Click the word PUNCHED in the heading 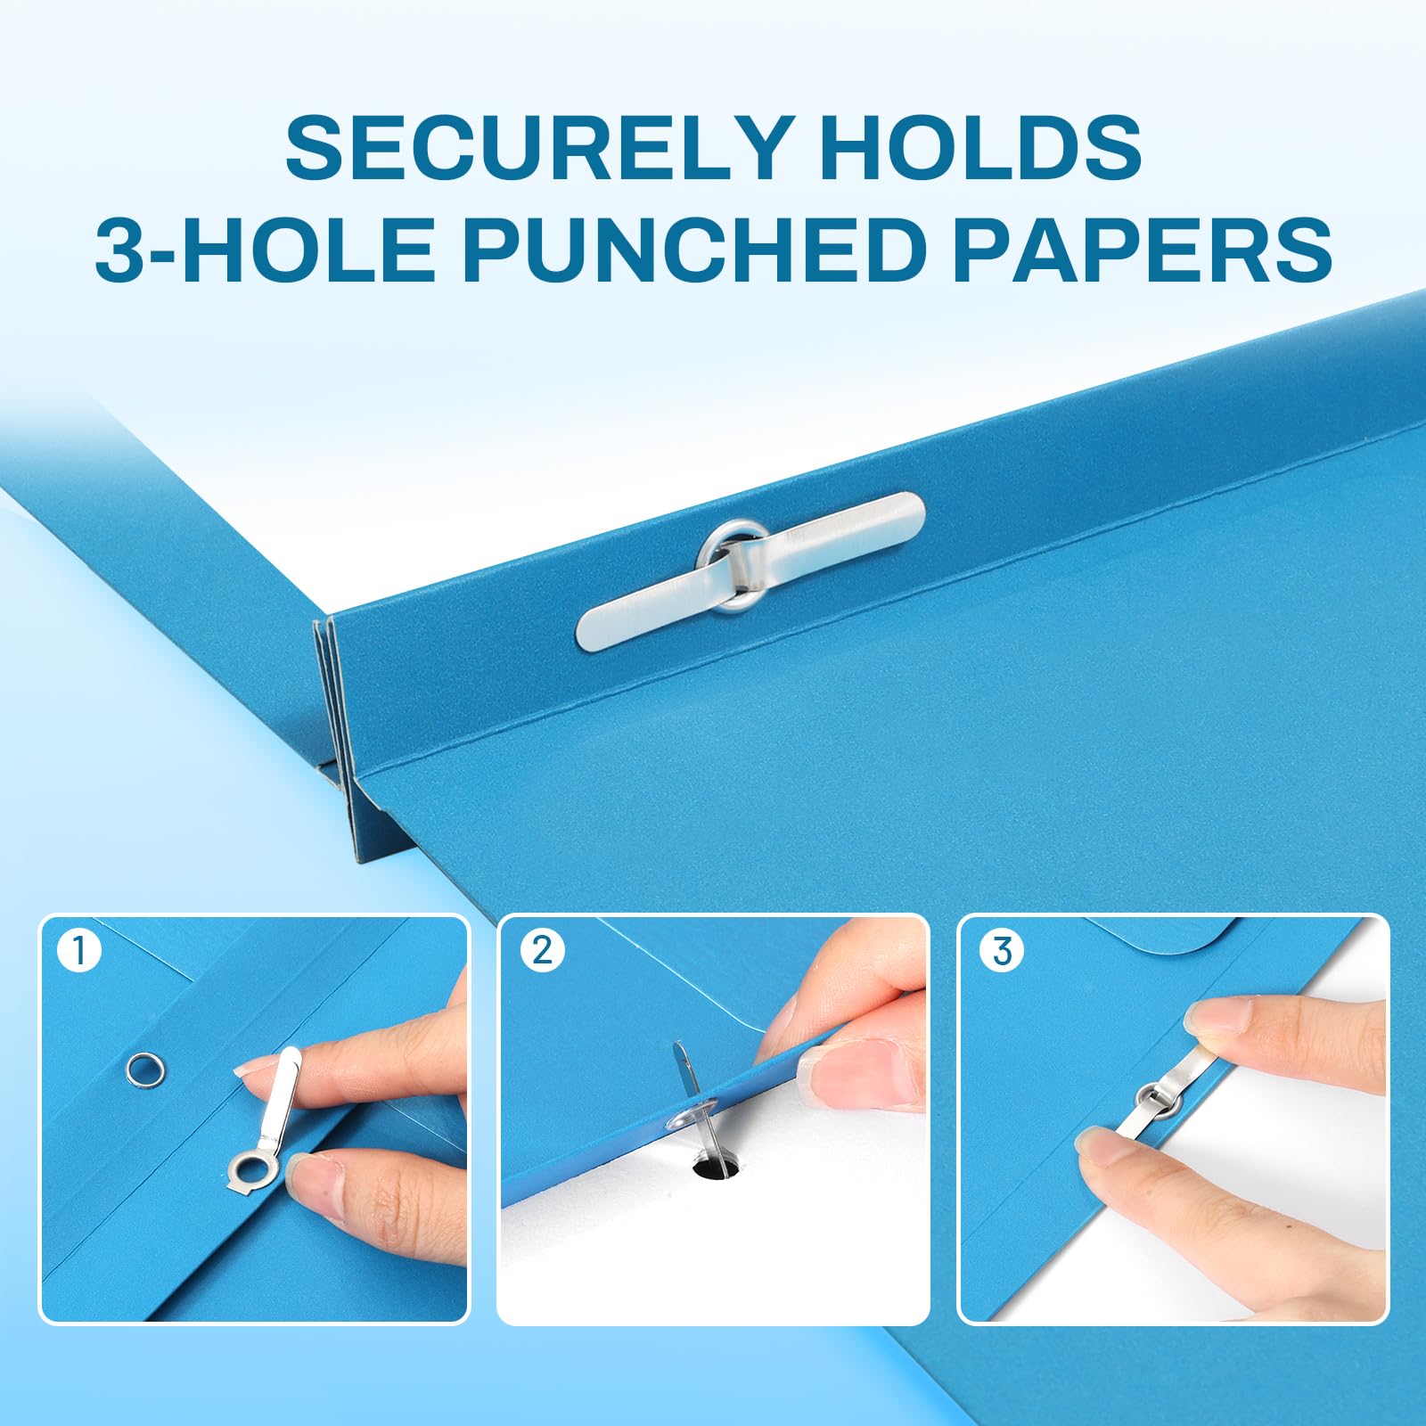click(x=691, y=249)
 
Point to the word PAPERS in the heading click(x=1142, y=249)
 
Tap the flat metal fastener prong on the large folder click(x=749, y=570)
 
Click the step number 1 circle click(x=79, y=950)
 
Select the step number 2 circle click(x=542, y=950)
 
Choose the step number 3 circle click(x=1002, y=950)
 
